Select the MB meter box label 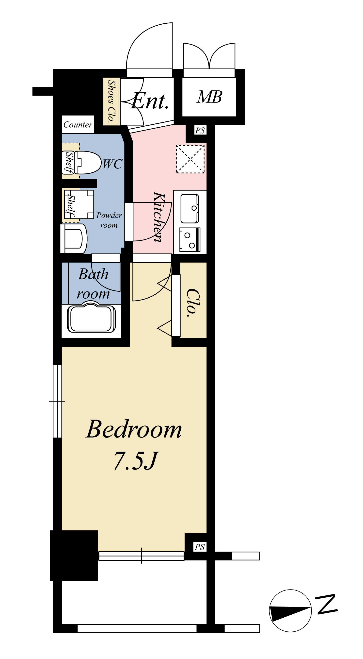point(209,97)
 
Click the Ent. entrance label point(150,101)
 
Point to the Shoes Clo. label point(111,101)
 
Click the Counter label point(78,125)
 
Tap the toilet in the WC point(87,163)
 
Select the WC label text point(113,164)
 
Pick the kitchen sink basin point(190,208)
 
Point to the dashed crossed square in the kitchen point(190,159)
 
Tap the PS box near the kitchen point(200,131)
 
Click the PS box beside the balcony point(200,547)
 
